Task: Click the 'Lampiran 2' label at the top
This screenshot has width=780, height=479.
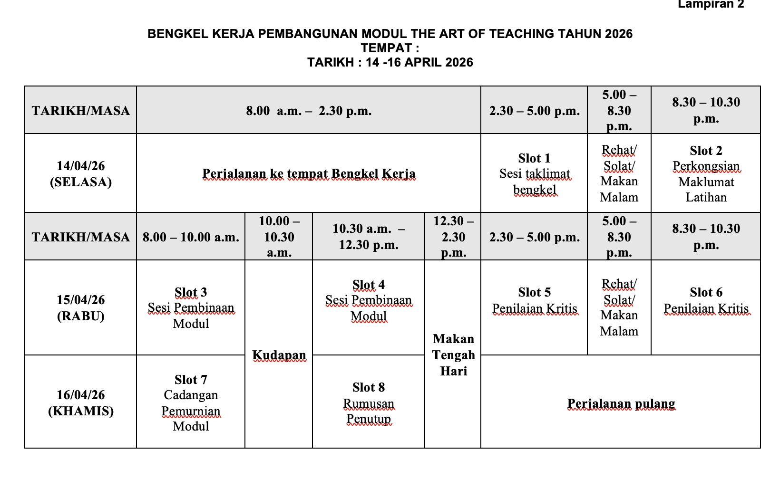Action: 711,5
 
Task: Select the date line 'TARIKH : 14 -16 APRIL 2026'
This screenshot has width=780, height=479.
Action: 390,63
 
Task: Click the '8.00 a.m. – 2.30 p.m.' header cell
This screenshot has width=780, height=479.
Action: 309,111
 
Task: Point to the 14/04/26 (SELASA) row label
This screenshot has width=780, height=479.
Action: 81,174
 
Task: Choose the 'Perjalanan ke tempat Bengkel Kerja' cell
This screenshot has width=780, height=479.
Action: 309,174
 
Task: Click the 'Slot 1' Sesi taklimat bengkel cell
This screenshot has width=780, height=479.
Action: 534,174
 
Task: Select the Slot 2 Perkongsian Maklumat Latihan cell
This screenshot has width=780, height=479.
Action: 706,174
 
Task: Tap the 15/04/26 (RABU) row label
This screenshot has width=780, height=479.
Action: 81,308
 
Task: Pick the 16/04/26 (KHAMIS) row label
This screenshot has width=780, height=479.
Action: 81,403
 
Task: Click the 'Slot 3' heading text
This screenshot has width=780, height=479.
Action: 191,292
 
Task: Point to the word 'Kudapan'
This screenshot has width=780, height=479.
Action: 279,355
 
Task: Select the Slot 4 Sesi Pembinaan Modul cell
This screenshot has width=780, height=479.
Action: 369,301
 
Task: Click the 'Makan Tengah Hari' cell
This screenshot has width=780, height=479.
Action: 453,355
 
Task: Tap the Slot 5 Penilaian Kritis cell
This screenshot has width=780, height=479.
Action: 534,301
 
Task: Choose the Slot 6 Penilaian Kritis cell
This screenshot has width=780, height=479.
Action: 706,301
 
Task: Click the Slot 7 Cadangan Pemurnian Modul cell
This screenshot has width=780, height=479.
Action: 191,402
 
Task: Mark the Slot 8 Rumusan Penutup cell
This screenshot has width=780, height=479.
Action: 369,403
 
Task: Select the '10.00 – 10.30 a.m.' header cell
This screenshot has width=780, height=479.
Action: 279,237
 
